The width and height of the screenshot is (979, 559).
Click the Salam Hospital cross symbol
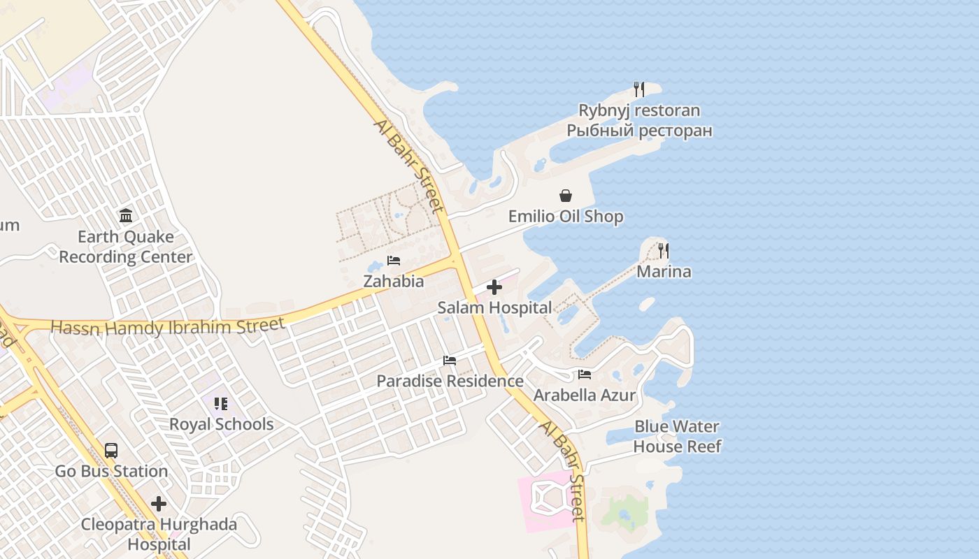[x=494, y=287]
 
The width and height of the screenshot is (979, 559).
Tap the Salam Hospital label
[x=494, y=307]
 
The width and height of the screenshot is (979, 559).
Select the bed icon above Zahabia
[x=394, y=261]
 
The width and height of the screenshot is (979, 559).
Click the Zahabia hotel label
[x=393, y=281]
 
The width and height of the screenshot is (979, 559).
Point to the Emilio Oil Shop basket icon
[x=566, y=196]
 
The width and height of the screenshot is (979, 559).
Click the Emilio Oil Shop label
[x=566, y=217]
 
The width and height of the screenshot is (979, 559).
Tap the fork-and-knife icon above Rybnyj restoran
[x=638, y=89]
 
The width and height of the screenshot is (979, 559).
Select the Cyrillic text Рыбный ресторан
[x=639, y=131]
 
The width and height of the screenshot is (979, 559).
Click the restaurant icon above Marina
[x=664, y=250]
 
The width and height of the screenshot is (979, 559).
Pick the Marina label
[x=664, y=272]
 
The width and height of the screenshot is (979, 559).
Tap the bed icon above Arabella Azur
[x=585, y=375]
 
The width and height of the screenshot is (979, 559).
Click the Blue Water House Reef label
[x=677, y=436]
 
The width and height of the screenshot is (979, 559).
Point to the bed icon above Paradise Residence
[x=450, y=361]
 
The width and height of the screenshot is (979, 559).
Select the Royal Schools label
[x=221, y=424]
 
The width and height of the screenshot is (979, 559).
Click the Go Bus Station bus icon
[x=111, y=450]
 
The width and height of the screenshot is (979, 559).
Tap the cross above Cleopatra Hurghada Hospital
[x=159, y=503]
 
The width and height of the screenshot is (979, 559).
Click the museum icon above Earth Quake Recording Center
[x=126, y=215]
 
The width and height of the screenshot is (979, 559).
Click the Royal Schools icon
[x=221, y=404]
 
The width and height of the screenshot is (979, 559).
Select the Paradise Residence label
[x=450, y=382]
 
